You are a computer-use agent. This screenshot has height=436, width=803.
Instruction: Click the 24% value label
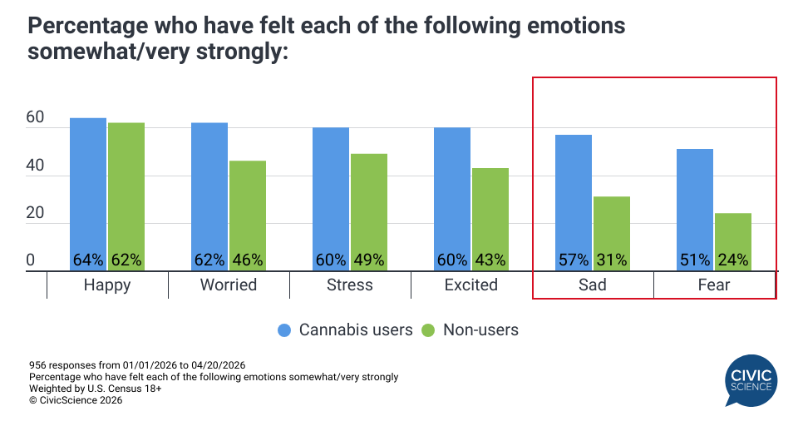tap(733, 260)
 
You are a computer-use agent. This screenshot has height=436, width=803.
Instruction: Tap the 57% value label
tap(574, 260)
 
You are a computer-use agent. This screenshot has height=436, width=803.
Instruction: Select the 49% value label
tap(369, 260)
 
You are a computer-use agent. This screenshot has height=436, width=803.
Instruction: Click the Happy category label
tap(107, 285)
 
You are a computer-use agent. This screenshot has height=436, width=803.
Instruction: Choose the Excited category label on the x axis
tap(471, 285)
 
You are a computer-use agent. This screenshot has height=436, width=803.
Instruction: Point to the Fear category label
tap(714, 285)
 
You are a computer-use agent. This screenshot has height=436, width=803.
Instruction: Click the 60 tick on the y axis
tap(35, 119)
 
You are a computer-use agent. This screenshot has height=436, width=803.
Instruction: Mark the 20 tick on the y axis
tap(35, 214)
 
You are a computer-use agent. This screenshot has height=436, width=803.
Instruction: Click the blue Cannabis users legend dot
tap(284, 330)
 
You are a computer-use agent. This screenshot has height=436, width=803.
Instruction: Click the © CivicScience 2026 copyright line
tap(76, 400)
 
